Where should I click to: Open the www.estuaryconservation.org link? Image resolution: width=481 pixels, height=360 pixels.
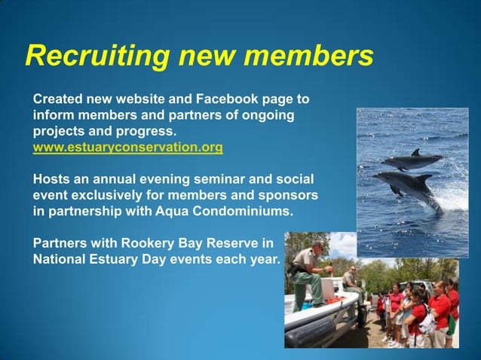[127, 148]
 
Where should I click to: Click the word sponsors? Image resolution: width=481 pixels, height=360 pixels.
[291, 196]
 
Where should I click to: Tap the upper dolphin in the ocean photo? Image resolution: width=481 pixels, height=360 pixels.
[410, 161]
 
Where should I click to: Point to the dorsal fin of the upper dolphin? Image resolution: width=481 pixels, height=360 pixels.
[415, 153]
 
